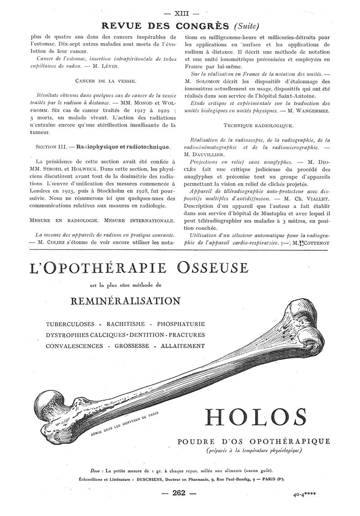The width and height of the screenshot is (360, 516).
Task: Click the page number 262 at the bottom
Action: (x=179, y=493)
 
